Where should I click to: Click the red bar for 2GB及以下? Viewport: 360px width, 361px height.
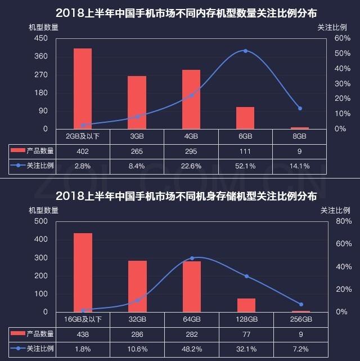83,88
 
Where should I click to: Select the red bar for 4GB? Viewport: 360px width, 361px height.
191,99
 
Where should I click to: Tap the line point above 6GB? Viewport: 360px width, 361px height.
245,51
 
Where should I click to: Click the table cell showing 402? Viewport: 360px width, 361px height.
83,151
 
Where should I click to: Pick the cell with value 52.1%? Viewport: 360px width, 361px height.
245,166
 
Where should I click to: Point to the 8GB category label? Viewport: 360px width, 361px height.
299,136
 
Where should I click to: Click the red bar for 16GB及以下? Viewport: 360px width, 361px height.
83,273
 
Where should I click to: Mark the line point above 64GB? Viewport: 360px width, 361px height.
192,258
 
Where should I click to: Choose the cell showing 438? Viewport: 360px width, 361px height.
83,334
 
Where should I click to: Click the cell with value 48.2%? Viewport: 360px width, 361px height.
192,349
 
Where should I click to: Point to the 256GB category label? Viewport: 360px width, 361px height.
300,319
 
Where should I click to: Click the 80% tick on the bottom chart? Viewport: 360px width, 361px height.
328,221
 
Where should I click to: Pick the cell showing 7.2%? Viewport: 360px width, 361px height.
300,349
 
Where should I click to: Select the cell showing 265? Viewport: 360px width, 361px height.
137,151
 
